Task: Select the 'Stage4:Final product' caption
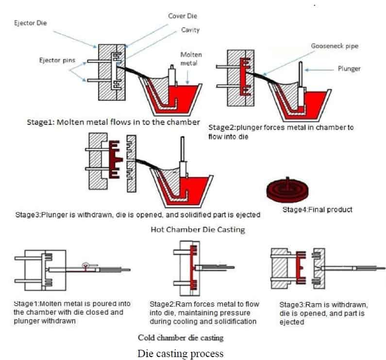tap(317, 210)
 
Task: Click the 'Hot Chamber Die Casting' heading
tap(198, 229)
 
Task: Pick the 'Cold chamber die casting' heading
tap(181, 337)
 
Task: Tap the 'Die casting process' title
tap(181, 352)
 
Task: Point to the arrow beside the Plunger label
tap(320, 69)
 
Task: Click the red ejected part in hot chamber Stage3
tap(115, 159)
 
